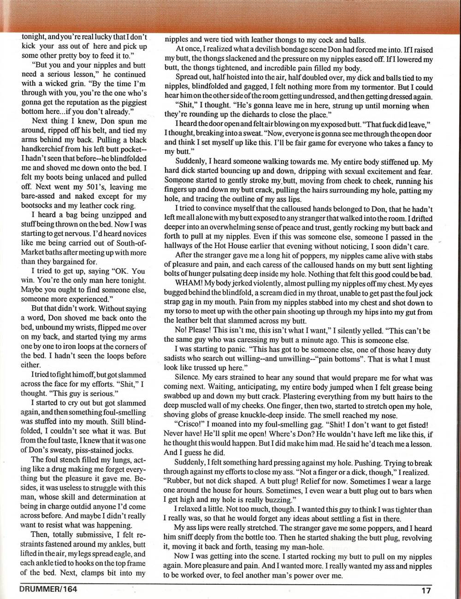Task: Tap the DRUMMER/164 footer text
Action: pos(48,588)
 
